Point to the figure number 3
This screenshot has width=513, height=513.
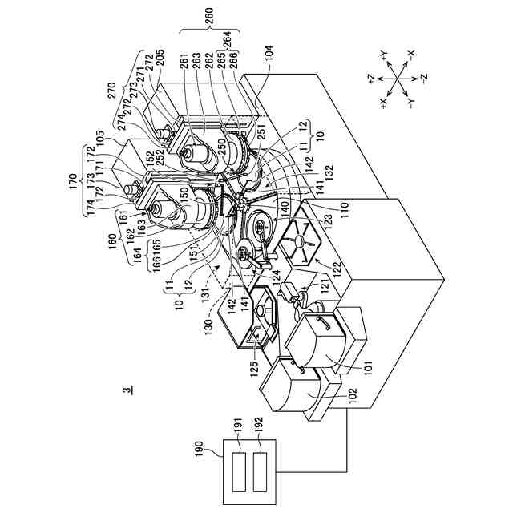126,390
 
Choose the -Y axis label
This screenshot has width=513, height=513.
410,104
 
